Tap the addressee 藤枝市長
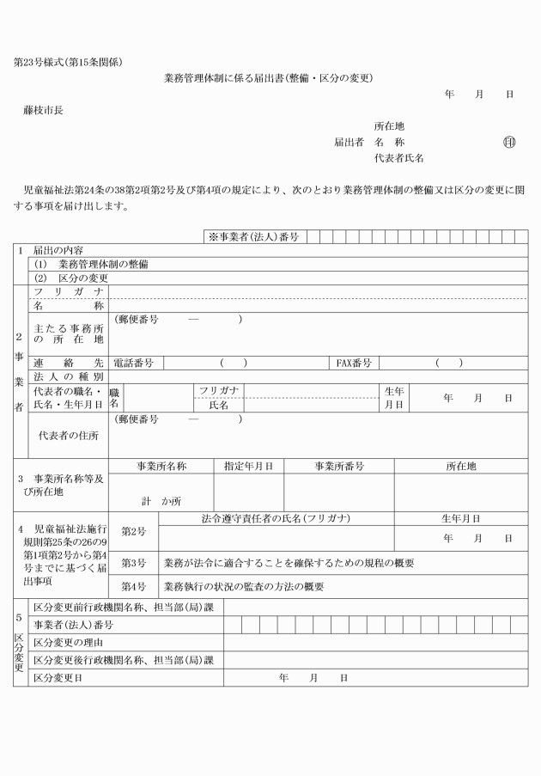click(44, 110)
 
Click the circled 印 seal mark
click(508, 142)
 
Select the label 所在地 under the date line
click(389, 125)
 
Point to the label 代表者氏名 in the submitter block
click(398, 158)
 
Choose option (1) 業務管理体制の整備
click(91, 265)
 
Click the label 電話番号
click(132, 364)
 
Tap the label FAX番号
click(354, 364)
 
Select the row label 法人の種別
click(69, 377)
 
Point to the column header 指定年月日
click(248, 467)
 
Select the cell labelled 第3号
click(133, 563)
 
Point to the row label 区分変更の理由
click(70, 642)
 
